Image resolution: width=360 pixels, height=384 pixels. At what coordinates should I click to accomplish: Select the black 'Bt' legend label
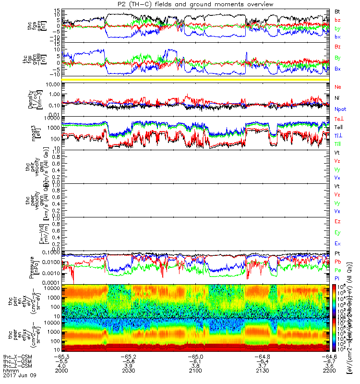click(x=337, y=11)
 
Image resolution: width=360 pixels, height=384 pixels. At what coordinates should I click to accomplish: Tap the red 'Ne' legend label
click(x=338, y=86)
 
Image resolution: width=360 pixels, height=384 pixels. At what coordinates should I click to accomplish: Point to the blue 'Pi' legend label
click(x=337, y=278)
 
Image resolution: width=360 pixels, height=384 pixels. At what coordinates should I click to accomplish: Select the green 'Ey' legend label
click(x=338, y=233)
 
